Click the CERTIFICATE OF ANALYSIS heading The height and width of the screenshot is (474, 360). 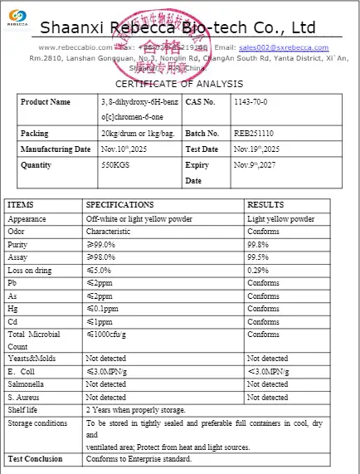pos(179,83)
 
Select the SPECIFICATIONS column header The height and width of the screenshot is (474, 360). pos(119,205)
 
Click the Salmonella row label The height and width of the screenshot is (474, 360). pos(27,384)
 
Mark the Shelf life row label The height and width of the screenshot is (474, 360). pos(25,410)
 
